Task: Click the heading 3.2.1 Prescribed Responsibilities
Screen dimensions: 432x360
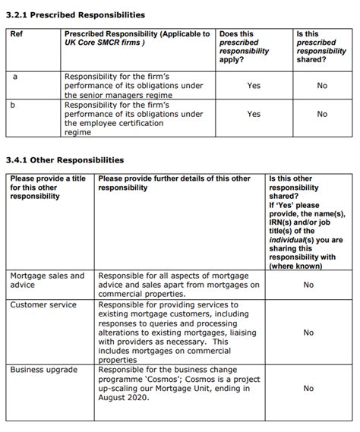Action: point(75,15)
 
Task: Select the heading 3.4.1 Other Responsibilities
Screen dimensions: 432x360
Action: point(65,160)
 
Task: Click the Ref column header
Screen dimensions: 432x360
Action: point(17,35)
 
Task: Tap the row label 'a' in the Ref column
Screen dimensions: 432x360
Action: point(15,77)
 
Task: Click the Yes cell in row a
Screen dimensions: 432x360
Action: point(254,86)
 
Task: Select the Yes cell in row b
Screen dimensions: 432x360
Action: point(254,115)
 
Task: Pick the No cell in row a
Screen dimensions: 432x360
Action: point(322,86)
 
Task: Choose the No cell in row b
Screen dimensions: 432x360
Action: point(322,115)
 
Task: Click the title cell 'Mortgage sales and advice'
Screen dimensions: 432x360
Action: point(47,280)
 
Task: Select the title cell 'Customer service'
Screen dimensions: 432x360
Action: point(43,304)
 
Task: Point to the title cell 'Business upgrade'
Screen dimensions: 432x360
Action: point(44,370)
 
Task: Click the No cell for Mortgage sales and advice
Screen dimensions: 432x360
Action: point(308,285)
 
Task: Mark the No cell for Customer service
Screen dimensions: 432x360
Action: point(308,333)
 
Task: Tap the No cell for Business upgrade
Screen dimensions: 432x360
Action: point(308,388)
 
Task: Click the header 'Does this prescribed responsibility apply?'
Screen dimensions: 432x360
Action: point(244,47)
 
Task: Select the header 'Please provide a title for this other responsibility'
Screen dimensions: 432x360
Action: point(47,188)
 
